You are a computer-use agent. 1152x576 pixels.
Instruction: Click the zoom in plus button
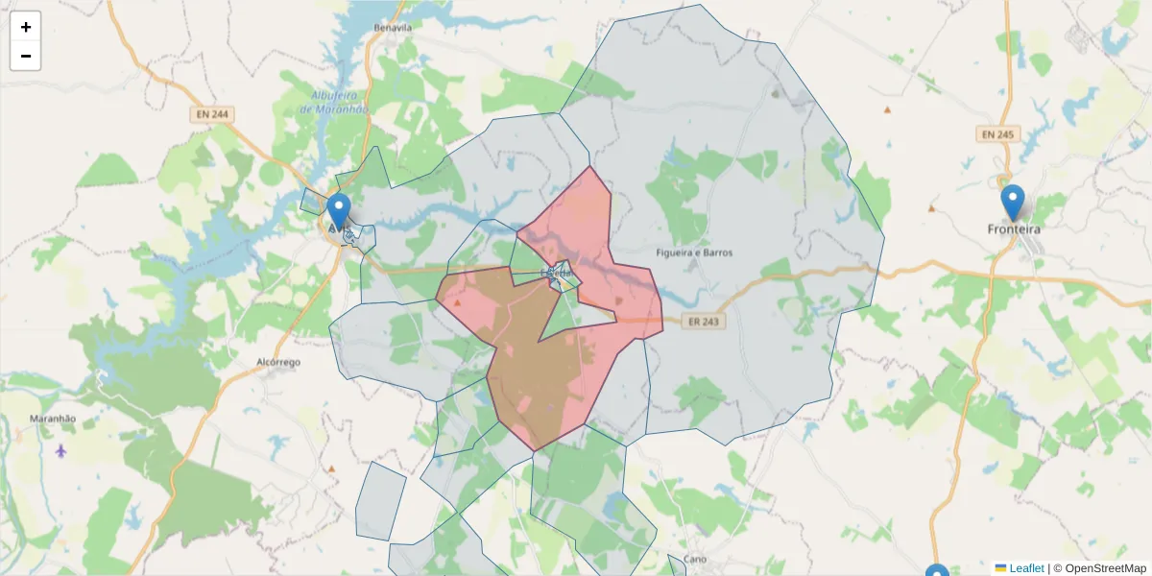(x=26, y=27)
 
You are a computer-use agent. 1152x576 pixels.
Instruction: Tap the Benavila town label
(x=394, y=28)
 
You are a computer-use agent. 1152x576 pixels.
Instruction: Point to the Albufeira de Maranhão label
(x=334, y=102)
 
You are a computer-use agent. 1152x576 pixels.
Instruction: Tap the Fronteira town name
(x=1014, y=229)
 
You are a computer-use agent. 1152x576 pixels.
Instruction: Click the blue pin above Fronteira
(x=1013, y=201)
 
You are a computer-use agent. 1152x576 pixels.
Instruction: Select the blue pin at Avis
(x=338, y=210)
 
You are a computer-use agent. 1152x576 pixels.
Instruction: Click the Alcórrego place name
(x=278, y=363)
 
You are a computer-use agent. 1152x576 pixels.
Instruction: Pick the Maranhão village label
(x=53, y=419)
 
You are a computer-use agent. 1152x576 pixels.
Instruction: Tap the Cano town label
(x=695, y=559)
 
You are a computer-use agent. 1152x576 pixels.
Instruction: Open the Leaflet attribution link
(x=1026, y=568)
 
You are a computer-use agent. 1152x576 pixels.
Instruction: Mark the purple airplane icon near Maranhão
(x=62, y=449)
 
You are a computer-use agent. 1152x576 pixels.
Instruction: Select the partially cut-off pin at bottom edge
(x=937, y=570)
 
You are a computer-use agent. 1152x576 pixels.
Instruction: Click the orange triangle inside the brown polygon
(x=457, y=303)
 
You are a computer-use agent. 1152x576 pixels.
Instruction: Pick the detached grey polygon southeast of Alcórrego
(x=380, y=501)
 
